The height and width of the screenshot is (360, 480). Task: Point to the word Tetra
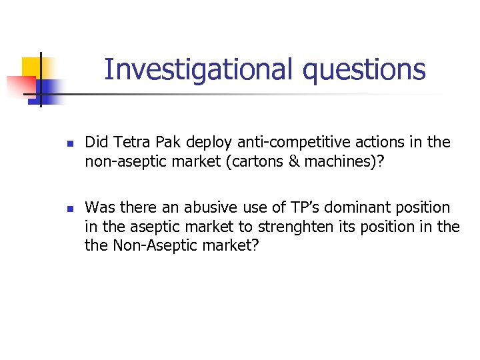pyautogui.click(x=133, y=142)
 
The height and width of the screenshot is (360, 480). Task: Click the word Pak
pyautogui.click(x=169, y=142)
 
